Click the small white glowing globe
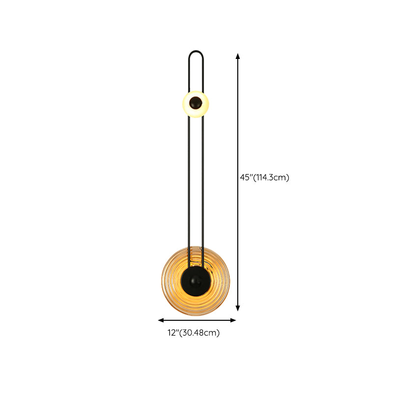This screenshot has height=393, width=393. [196, 104]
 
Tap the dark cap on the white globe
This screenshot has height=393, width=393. [196, 103]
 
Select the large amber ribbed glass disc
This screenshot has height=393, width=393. [196, 281]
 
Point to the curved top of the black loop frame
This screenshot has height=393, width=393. [196, 52]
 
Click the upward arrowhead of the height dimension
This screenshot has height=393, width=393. [238, 56]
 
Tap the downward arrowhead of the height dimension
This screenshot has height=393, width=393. [238, 308]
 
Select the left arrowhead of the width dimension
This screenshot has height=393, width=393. [161, 320]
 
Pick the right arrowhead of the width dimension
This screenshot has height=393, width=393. [233, 320]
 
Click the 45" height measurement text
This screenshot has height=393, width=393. [246, 177]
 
